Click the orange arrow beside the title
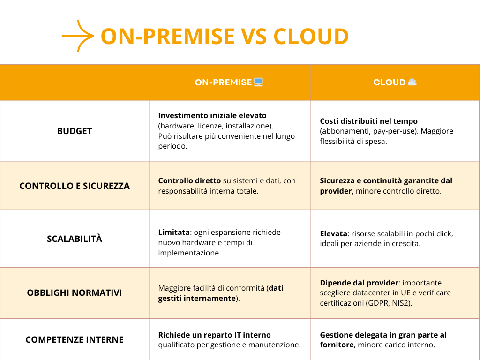point(78,36)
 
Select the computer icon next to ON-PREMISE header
point(258,82)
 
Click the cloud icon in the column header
point(412,82)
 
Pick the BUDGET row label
point(75,131)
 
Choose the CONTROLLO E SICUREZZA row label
point(75,186)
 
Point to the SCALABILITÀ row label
point(75,239)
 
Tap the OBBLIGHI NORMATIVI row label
point(75,293)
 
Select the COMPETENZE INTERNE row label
point(75,339)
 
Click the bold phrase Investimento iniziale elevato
point(212,115)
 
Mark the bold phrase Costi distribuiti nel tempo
point(368,121)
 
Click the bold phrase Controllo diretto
point(189,180)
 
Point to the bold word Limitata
point(173,232)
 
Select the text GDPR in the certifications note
point(382,303)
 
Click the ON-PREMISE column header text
point(223,82)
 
